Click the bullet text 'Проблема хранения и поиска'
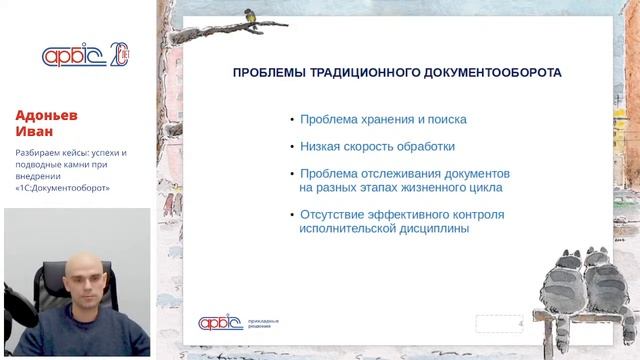tap(383, 119)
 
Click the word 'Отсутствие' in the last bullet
tap(333, 214)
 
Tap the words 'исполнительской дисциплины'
tap(384, 228)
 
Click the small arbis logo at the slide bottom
tap(219, 322)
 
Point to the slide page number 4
tap(520, 323)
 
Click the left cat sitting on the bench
tap(567, 281)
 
